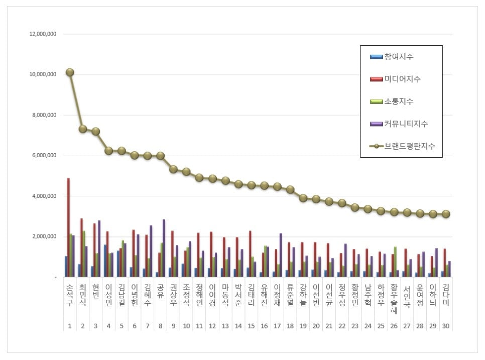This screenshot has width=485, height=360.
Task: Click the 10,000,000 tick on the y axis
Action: pos(43,74)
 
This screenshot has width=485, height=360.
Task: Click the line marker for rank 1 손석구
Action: pos(70,72)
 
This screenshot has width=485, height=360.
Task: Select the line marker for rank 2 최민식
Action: pos(83,129)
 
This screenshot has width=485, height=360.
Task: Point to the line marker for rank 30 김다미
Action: pos(446,214)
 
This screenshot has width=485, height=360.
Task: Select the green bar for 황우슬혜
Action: pos(396,262)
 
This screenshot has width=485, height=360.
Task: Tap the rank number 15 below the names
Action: pos(251,326)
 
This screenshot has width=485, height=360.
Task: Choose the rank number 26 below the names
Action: pos(394,326)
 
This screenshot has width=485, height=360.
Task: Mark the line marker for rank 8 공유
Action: pos(161,156)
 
